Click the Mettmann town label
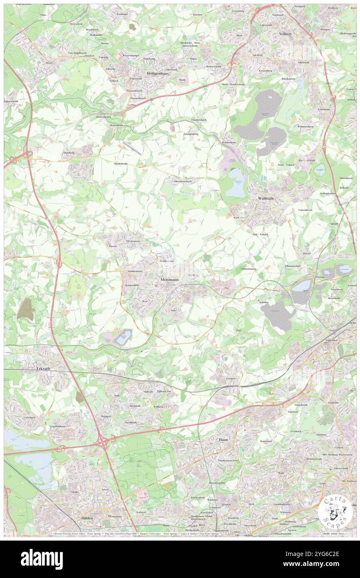[x=168, y=280]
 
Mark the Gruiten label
[x=232, y=378]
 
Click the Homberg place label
[x=69, y=153]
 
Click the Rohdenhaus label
[x=229, y=142]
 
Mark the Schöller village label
[x=264, y=302]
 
